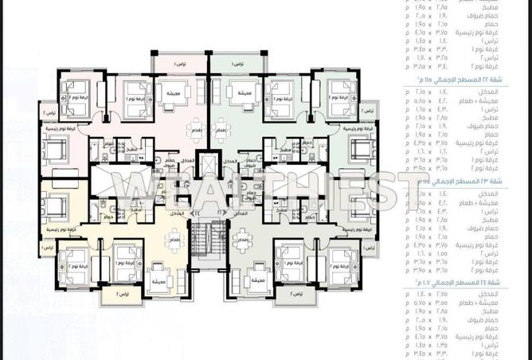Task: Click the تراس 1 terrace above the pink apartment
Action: (x=179, y=62)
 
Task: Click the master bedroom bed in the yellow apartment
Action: (x=54, y=209)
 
